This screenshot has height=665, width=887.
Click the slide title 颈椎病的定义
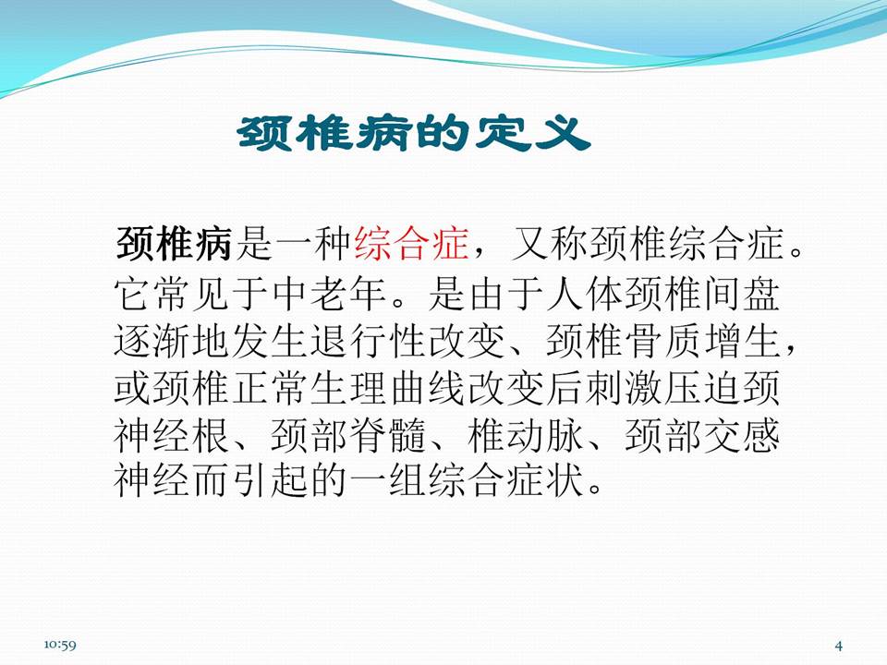(x=413, y=135)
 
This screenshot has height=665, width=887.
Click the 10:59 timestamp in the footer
(x=59, y=644)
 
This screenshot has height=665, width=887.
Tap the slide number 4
(x=838, y=644)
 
